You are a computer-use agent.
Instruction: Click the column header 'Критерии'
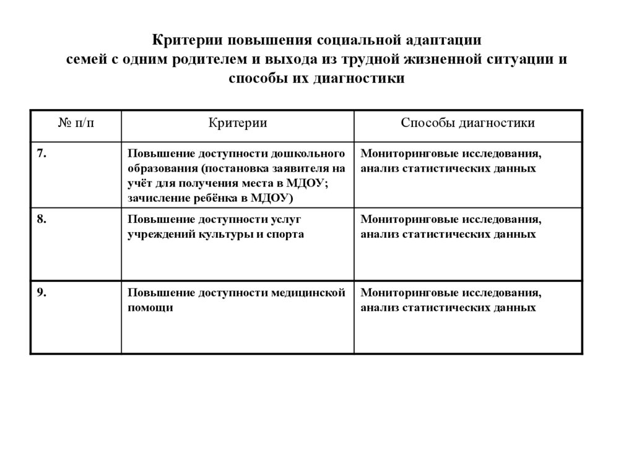coord(237,123)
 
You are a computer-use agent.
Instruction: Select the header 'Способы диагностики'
coord(467,123)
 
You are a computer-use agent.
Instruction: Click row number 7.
coord(40,154)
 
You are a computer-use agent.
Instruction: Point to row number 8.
coord(40,220)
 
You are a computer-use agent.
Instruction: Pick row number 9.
coord(40,293)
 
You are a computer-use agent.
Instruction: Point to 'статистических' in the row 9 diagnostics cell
coord(449,308)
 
